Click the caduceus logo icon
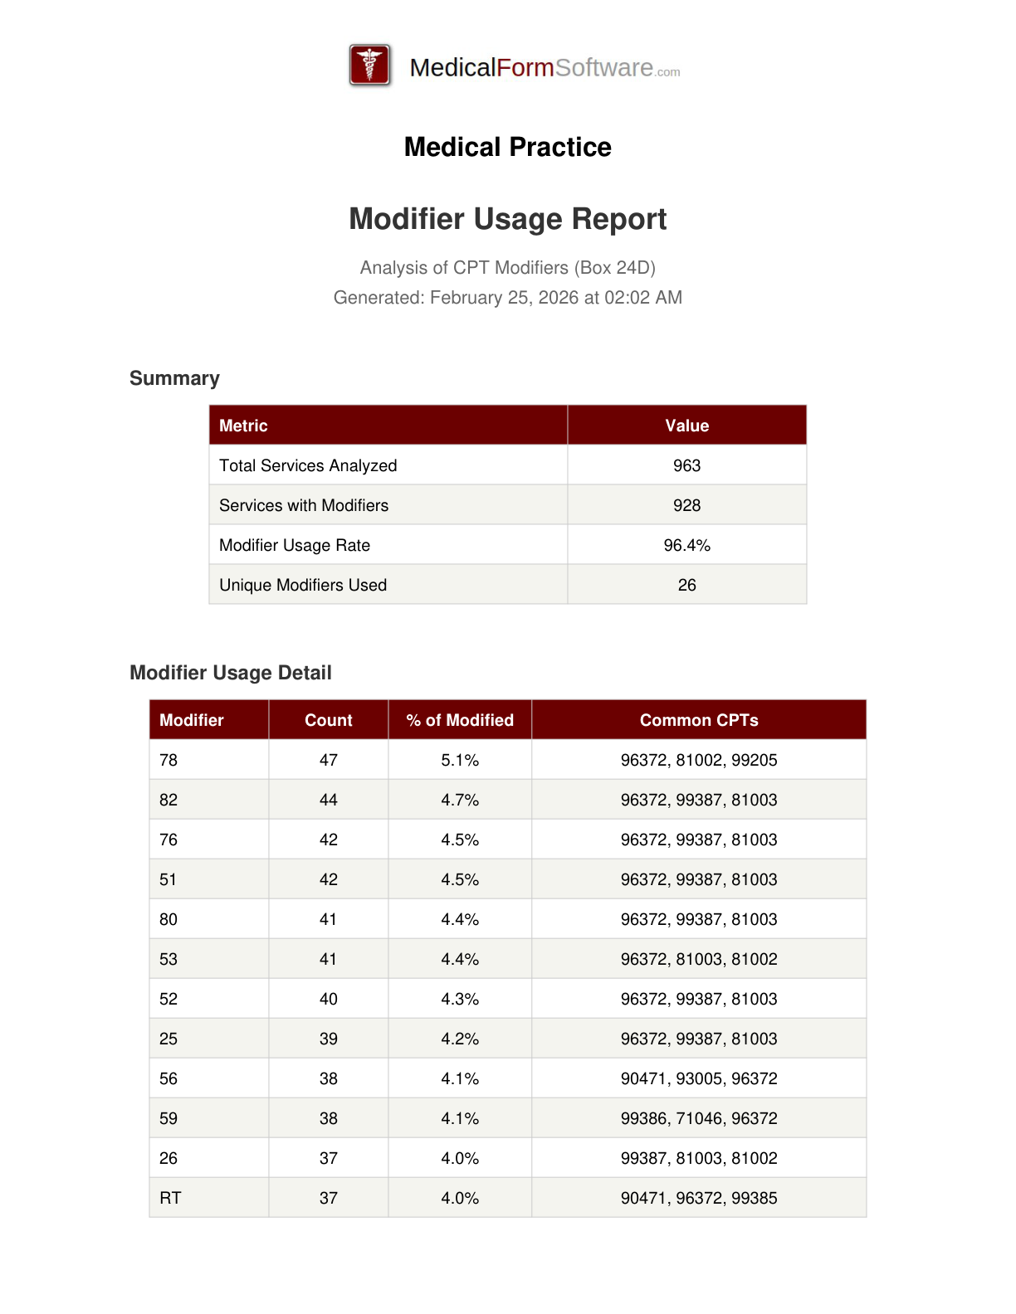click(x=369, y=66)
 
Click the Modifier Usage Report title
click(x=507, y=219)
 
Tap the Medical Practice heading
click(x=507, y=147)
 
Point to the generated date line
click(x=507, y=298)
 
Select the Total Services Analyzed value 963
click(x=686, y=465)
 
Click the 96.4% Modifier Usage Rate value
click(x=686, y=545)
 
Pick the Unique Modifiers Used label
click(x=303, y=585)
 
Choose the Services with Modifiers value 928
click(x=686, y=505)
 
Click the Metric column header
click(x=243, y=426)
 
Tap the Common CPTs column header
click(x=699, y=720)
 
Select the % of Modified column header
click(x=460, y=720)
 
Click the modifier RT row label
click(x=170, y=1198)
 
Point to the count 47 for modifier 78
click(x=329, y=760)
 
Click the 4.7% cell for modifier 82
click(x=460, y=800)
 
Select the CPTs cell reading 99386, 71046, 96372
click(x=699, y=1118)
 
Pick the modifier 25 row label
click(x=169, y=1039)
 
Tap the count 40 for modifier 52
click(x=329, y=999)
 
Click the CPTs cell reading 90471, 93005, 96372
click(x=699, y=1078)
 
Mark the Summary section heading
click(x=174, y=378)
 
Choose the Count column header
click(x=329, y=720)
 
